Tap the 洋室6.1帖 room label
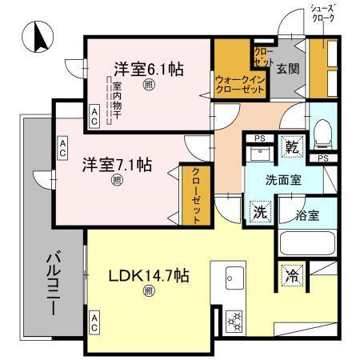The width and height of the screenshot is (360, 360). coord(148,69)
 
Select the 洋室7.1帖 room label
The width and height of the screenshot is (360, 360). coord(118,166)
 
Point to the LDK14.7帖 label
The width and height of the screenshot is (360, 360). coord(149,276)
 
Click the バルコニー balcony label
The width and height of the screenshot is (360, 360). coord(54,282)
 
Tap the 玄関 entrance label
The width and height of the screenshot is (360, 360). coord(288,69)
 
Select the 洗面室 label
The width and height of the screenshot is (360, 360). coord(283,179)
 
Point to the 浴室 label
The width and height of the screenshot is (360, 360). coord(307,214)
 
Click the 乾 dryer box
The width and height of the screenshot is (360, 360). coord(293,147)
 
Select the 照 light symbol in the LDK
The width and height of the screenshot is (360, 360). coord(148,291)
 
